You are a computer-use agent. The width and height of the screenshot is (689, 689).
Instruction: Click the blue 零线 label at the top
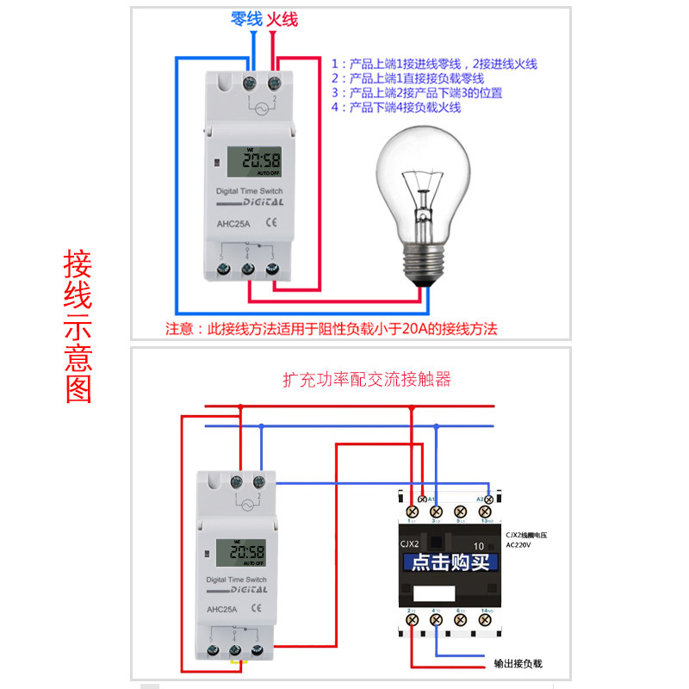pyautogui.click(x=246, y=18)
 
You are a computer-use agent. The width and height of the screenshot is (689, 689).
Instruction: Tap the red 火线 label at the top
pyautogui.click(x=282, y=18)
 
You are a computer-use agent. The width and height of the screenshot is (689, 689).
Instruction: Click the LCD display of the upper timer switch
pyautogui.click(x=248, y=160)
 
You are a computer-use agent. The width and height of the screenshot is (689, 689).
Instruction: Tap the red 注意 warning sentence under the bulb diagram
pyautogui.click(x=332, y=328)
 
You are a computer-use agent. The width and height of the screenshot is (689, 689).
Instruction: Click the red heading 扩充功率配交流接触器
pyautogui.click(x=367, y=379)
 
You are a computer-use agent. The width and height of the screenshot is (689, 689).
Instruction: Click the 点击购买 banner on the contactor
pyautogui.click(x=450, y=563)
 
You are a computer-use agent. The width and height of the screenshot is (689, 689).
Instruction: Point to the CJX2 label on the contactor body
pyautogui.click(x=409, y=543)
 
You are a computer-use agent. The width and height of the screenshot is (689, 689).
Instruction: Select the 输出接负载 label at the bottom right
pyautogui.click(x=518, y=664)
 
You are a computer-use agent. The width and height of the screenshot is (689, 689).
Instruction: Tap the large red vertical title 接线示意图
pyautogui.click(x=78, y=327)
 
